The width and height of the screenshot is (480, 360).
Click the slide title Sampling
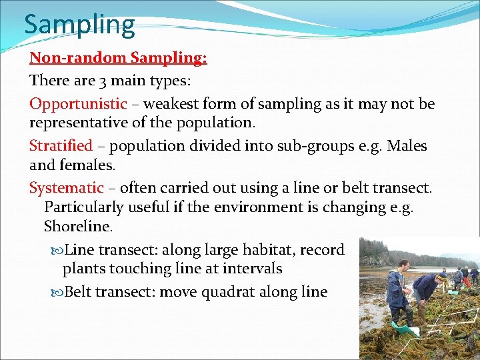click(x=79, y=25)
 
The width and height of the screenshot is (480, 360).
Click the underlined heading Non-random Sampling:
click(x=118, y=58)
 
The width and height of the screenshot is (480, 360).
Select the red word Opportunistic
click(x=78, y=104)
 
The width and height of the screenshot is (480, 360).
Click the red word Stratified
click(x=61, y=145)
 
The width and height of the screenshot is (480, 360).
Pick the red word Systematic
click(x=66, y=188)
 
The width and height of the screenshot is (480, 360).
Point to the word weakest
click(x=171, y=104)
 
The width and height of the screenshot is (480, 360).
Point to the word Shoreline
click(x=77, y=227)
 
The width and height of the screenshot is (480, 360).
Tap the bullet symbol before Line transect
click(x=57, y=250)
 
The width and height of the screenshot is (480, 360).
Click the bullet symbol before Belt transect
click(x=57, y=292)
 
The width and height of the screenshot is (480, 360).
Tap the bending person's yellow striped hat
click(x=441, y=273)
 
